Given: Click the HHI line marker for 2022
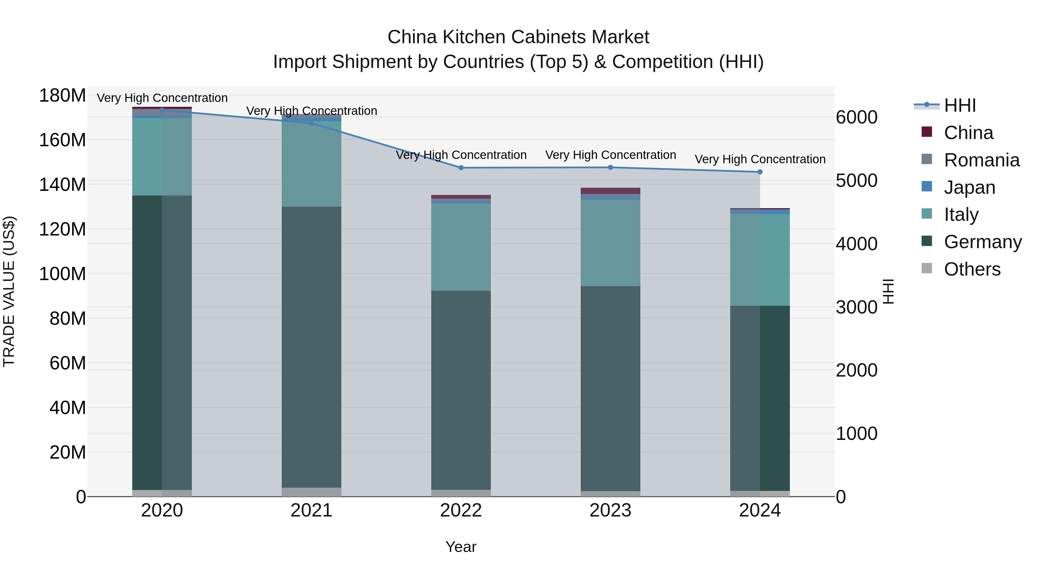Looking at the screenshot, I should pyautogui.click(x=461, y=168).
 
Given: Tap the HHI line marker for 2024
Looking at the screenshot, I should pyautogui.click(x=760, y=172).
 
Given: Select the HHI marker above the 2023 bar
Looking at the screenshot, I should pyautogui.click(x=610, y=167).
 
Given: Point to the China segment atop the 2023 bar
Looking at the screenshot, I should pyautogui.click(x=610, y=191).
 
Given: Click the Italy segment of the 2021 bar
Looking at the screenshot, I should pyautogui.click(x=311, y=164).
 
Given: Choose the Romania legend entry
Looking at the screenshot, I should pyautogui.click(x=981, y=160).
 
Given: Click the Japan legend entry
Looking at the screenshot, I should pyautogui.click(x=969, y=187).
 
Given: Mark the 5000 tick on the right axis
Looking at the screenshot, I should pyautogui.click(x=857, y=181).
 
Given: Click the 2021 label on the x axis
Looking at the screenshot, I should pyautogui.click(x=311, y=510).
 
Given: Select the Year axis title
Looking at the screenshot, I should pyautogui.click(x=461, y=547).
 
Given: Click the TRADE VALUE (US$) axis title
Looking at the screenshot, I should pyautogui.click(x=9, y=291).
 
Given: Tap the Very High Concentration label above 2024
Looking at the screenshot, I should pyautogui.click(x=760, y=159).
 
